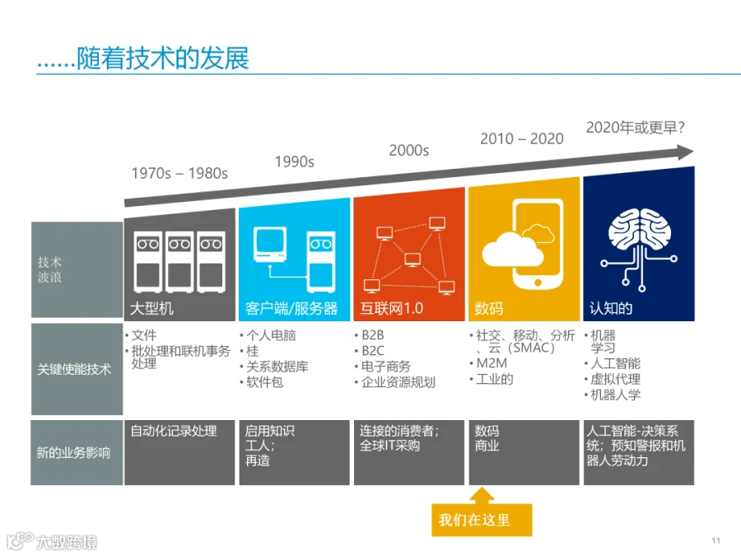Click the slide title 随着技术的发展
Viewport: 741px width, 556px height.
(162, 58)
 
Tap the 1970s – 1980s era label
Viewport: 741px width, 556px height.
(179, 174)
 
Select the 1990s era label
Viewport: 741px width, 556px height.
(295, 161)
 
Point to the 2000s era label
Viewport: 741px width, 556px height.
(408, 151)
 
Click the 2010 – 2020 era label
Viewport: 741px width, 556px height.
(522, 138)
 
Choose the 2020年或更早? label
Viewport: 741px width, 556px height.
(635, 127)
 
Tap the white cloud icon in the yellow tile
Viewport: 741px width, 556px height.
(512, 249)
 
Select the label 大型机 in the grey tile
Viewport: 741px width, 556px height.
(151, 308)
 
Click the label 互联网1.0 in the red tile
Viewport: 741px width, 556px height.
(392, 308)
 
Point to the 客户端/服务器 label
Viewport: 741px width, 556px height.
(291, 308)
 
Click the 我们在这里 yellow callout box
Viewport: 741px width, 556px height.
(482, 520)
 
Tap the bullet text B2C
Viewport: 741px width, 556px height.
(373, 351)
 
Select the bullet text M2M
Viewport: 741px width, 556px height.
(492, 363)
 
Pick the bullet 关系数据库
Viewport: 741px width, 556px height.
(277, 367)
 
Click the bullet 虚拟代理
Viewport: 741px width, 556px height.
(615, 379)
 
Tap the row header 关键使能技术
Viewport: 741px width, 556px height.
(74, 369)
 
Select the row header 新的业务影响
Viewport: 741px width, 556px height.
(73, 453)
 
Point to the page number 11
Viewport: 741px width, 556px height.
(716, 540)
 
